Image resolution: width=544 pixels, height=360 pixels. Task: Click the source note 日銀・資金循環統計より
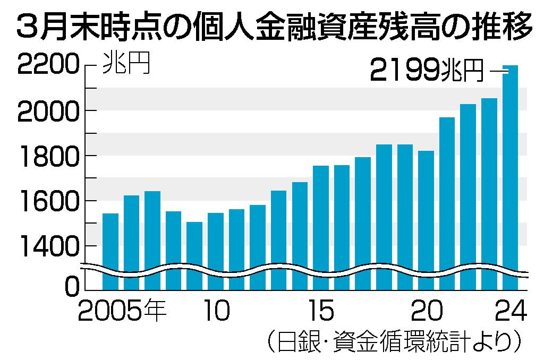click(x=393, y=342)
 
